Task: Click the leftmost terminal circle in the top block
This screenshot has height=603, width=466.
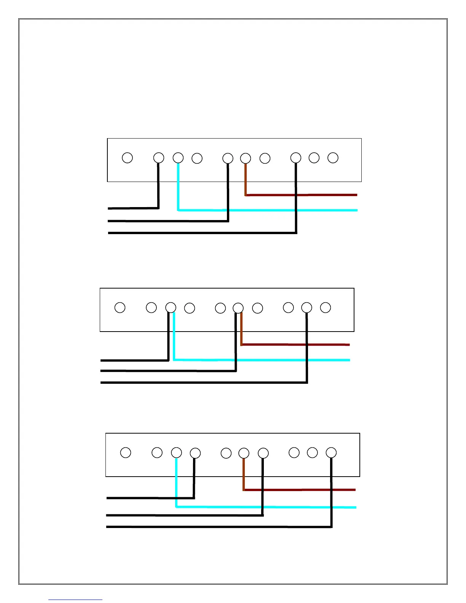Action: coord(127,158)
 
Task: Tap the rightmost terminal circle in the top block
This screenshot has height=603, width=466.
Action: coord(333,158)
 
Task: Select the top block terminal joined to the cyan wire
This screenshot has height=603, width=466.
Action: coord(178,158)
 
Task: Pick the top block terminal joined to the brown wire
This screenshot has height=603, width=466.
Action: coord(246,158)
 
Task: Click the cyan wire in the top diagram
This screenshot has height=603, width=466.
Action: coord(267,210)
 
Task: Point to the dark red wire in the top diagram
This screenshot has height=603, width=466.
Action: coord(305,195)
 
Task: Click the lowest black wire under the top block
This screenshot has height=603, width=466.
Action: coord(202,233)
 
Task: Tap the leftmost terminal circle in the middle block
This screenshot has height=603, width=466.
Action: coord(120,308)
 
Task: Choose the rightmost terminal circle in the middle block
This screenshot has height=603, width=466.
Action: coord(325,308)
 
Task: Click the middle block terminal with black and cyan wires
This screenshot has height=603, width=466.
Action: coord(171,308)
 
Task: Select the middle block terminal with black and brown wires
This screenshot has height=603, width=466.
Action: coord(238,308)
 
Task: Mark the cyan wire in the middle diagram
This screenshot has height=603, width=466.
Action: coord(267,360)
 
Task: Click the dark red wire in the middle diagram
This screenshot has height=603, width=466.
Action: coord(297,345)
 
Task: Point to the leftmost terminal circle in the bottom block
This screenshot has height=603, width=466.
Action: coord(126,453)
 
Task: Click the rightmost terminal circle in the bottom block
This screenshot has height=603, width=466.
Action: coord(331,453)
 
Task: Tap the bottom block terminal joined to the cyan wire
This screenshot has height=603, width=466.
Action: coord(176,453)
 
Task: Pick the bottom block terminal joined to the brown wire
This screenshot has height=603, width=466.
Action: coord(244,453)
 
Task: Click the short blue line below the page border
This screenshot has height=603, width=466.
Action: coord(75,600)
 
